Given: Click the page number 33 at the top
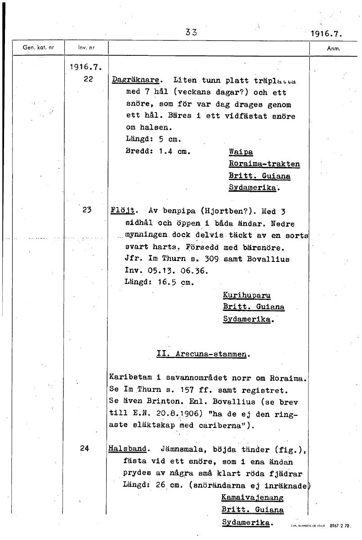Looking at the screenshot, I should click(191, 32).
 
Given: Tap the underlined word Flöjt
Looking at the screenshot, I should click(120, 211).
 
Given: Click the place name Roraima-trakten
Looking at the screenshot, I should click(264, 164).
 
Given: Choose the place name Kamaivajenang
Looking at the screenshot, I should click(252, 498).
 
